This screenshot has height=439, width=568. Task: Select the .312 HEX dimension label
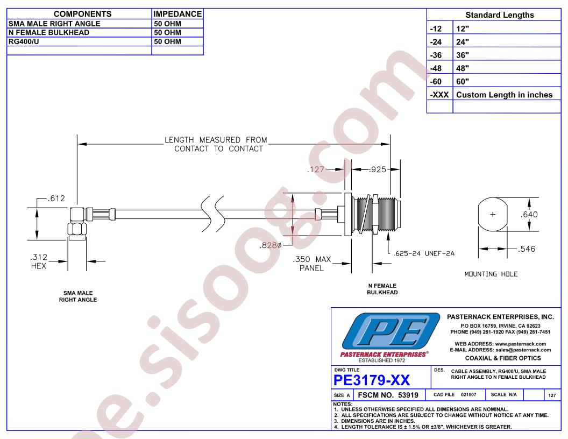point(39,261)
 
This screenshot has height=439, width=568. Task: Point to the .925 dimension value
point(377,169)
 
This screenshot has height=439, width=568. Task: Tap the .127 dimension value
point(316,169)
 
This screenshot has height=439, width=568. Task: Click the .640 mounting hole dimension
point(529,215)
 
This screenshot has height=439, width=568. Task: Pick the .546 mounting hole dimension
point(527,249)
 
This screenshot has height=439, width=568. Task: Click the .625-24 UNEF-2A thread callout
point(424,253)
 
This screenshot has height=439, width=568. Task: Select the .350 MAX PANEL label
point(312,264)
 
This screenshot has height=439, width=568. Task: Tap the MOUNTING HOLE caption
point(491,274)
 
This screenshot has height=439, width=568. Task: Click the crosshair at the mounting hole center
point(493,215)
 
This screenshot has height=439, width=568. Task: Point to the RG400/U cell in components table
point(24,41)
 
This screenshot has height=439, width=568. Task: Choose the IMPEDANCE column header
point(177,14)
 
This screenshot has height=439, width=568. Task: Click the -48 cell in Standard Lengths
point(436,68)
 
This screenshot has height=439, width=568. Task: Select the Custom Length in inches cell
point(504,95)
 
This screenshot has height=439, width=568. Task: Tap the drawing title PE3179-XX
point(372,380)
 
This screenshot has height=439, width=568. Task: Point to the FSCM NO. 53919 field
point(388,395)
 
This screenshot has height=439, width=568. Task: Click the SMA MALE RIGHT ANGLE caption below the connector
point(78,296)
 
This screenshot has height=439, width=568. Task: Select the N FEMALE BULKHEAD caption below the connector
point(382,289)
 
